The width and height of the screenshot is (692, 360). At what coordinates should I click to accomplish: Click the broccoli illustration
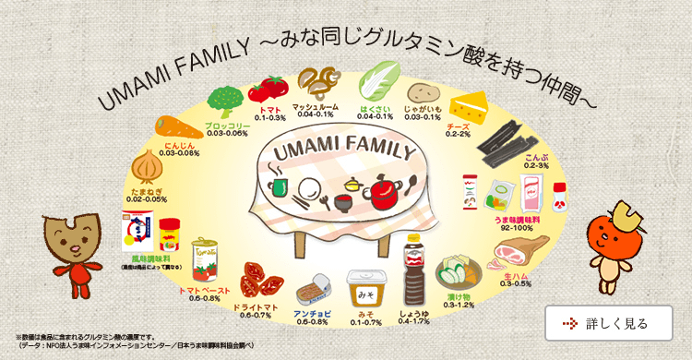coord(225,101)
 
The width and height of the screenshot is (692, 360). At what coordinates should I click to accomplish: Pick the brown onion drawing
coord(149,167)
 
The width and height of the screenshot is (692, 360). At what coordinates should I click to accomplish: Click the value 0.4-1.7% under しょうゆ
coord(413,321)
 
